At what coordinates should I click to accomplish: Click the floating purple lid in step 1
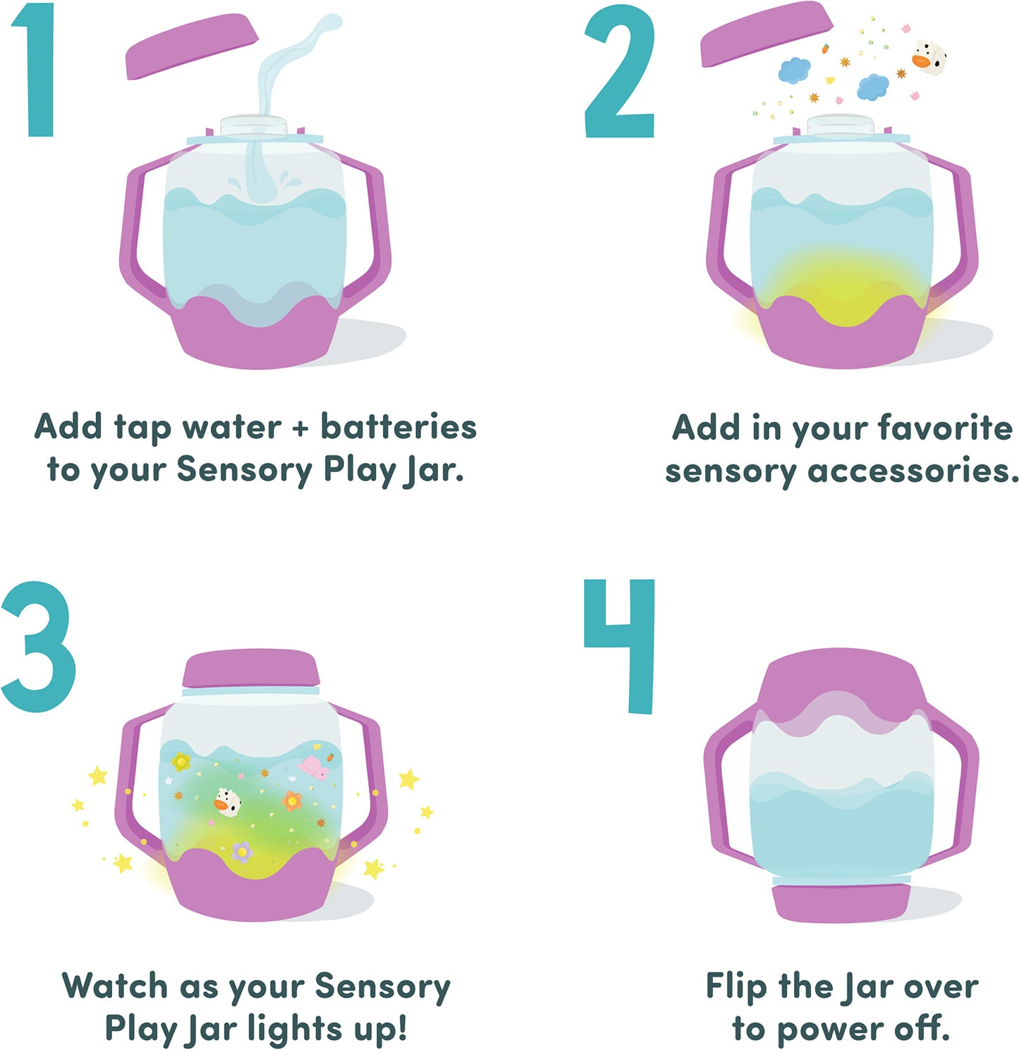pos(190,47)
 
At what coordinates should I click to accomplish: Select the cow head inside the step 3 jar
pos(227,802)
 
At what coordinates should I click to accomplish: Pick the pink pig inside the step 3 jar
pos(314,767)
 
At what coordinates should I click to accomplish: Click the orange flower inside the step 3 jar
pos(292,801)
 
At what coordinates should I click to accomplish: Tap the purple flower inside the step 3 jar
pos(242,851)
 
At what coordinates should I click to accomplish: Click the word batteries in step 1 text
pos(398,427)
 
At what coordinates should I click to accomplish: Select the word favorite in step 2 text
pos(945,427)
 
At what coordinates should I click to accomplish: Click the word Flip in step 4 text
pos(736,987)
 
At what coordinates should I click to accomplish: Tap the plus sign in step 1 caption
pos(300,428)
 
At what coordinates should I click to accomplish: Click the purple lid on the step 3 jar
pos(251,668)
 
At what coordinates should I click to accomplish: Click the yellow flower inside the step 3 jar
pos(181,761)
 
